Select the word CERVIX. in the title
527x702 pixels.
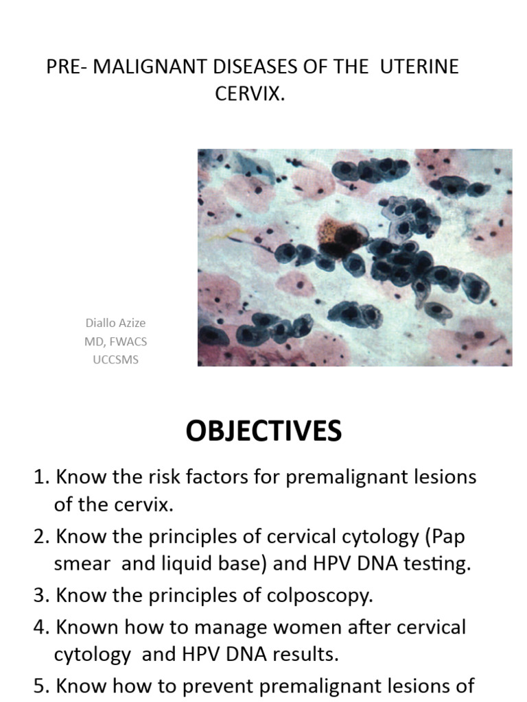coord(250,94)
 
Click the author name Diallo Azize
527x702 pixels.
coord(115,323)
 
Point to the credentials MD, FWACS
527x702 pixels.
coord(115,341)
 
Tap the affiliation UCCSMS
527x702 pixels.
coord(115,359)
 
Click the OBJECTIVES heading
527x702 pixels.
coord(263,432)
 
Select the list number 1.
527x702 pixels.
coord(40,477)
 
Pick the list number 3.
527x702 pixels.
coord(40,595)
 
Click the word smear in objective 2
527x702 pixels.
coord(82,565)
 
